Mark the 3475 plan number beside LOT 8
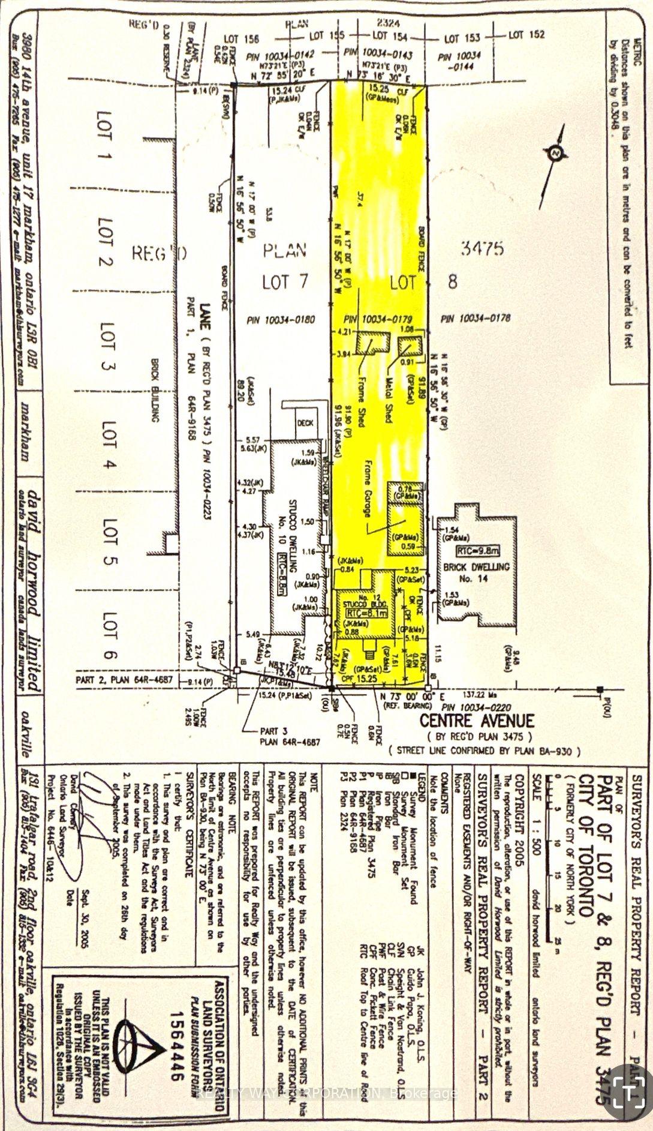483,248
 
